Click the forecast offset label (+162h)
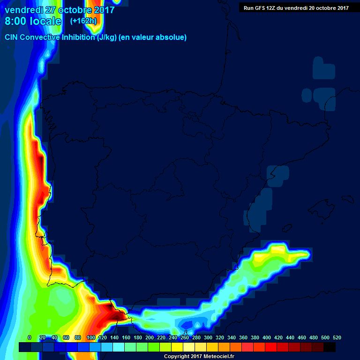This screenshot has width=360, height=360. tap(83, 21)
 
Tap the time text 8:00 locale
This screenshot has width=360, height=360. tap(33, 21)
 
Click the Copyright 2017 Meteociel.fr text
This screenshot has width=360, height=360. tap(199, 357)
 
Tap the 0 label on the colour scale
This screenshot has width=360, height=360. tap(30, 337)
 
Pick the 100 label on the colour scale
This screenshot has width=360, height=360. tap(91, 337)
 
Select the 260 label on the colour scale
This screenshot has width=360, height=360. tap(185, 337)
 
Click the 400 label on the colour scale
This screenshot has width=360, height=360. tap(267, 337)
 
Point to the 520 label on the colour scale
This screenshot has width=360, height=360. tap(337, 337)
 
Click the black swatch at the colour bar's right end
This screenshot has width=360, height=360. tap(330, 347)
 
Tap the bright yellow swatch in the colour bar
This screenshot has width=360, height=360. tap(177, 347)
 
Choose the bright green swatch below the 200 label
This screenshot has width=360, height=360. tap(154, 347)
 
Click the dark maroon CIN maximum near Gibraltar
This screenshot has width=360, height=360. tap(112, 310)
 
